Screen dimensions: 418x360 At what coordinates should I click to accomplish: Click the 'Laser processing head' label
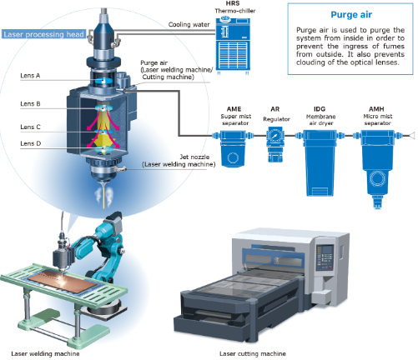[43, 34]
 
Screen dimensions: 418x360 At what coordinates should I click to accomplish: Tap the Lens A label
[30, 76]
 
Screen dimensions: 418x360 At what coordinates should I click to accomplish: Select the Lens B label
[30, 104]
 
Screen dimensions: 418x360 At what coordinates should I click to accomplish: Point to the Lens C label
[30, 127]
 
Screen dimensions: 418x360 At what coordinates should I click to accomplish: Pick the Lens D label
[30, 143]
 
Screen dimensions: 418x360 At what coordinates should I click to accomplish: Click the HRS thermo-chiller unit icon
[233, 45]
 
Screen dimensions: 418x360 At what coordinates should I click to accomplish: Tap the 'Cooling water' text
[189, 25]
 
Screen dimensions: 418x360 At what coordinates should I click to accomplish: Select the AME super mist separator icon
[233, 148]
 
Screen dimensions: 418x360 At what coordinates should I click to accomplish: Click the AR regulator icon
[275, 144]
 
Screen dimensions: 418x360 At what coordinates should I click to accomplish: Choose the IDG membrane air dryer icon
[320, 162]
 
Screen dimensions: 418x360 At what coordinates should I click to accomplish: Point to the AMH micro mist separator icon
[377, 168]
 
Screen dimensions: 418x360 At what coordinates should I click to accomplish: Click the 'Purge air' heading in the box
[351, 14]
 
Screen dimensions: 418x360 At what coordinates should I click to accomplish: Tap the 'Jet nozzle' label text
[194, 157]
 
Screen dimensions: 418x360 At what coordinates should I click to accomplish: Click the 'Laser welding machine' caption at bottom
[45, 353]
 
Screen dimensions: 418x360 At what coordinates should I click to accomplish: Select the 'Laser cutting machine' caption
[253, 353]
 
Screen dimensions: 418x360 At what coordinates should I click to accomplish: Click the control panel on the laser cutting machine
[325, 257]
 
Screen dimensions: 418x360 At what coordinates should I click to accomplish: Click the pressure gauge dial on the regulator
[275, 136]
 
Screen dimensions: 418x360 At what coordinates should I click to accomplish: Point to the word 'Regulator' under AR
[276, 119]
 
